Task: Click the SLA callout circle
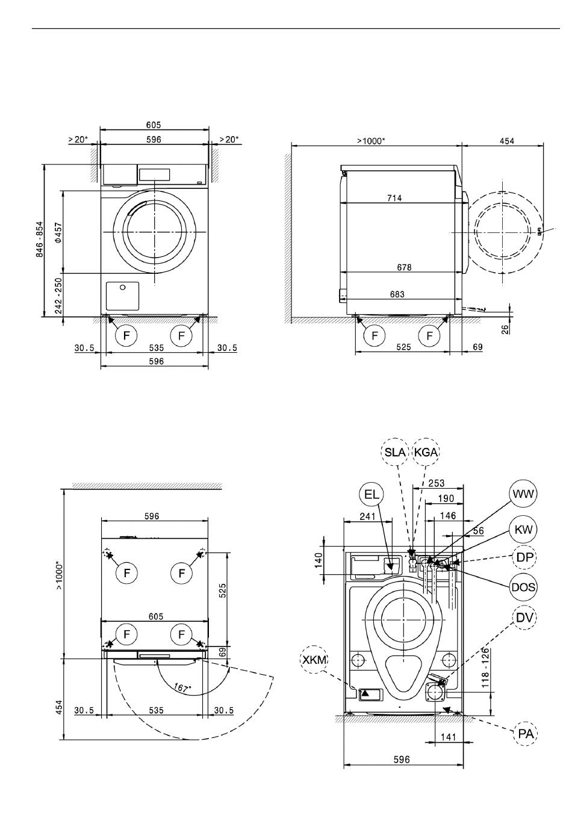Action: click(x=395, y=452)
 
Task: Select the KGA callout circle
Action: click(x=426, y=452)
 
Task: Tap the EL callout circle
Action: click(x=373, y=495)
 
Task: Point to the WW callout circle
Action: click(x=523, y=495)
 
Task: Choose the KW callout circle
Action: click(x=522, y=530)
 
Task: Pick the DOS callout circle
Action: click(x=523, y=586)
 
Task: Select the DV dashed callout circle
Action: click(x=523, y=617)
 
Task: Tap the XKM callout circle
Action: click(x=314, y=660)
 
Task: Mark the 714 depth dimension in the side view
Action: click(x=394, y=198)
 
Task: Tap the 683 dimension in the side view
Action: click(x=397, y=294)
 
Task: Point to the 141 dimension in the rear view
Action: click(x=448, y=737)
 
